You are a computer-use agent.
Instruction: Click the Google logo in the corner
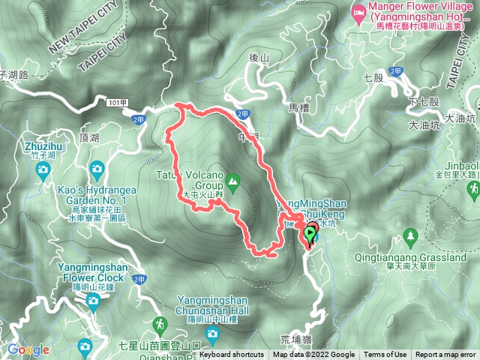[x=28, y=349]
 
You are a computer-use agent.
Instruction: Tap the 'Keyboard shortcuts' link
[x=232, y=355]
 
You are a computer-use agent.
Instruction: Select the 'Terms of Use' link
[x=385, y=355]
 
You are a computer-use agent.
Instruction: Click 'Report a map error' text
[x=445, y=355]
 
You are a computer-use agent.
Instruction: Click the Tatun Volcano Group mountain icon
[x=233, y=180]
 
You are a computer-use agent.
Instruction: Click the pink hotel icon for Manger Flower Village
[x=358, y=11]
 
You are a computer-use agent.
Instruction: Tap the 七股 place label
[x=372, y=76]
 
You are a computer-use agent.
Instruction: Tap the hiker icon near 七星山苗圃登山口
[x=160, y=324]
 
